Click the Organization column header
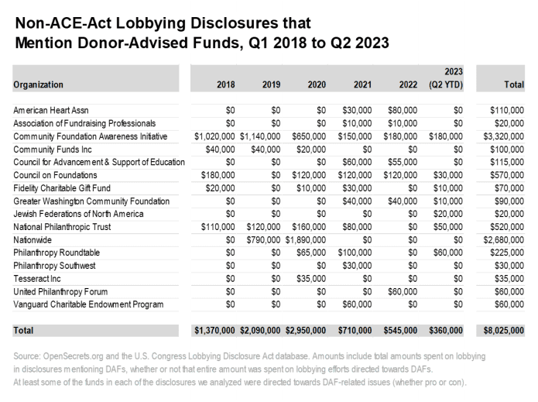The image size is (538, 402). click(38, 84)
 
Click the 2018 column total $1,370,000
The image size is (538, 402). click(214, 331)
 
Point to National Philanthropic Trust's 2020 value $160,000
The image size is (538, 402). click(308, 228)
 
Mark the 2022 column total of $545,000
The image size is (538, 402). click(401, 331)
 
